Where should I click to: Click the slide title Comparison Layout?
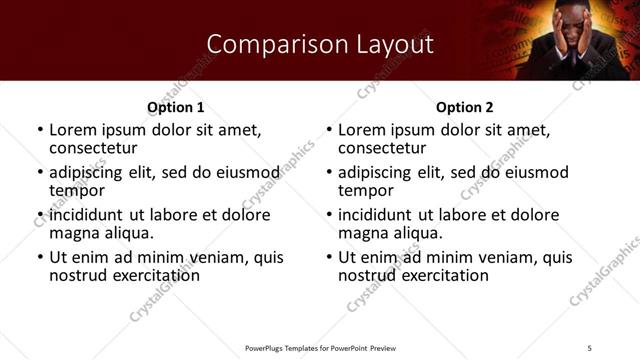pyautogui.click(x=320, y=44)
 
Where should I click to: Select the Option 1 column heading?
pyautogui.click(x=176, y=107)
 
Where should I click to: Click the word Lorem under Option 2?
pyautogui.click(x=361, y=129)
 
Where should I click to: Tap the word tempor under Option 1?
pyautogui.click(x=76, y=191)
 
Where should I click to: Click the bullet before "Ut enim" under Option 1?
pyautogui.click(x=39, y=257)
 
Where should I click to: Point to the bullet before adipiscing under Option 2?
pyautogui.click(x=328, y=172)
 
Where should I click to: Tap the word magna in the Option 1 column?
pyautogui.click(x=76, y=233)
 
